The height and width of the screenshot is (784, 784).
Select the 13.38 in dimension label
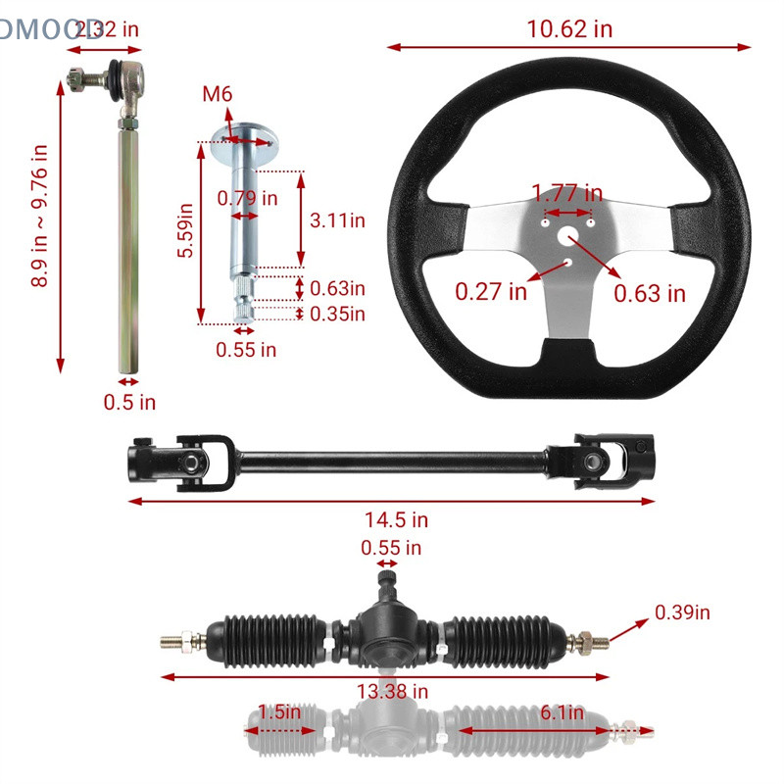click(392, 692)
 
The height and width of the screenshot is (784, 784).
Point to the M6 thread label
click(218, 94)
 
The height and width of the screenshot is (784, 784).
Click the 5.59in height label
click(184, 231)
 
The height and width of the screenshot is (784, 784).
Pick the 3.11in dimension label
click(337, 220)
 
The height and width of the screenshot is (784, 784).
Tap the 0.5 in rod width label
click(129, 402)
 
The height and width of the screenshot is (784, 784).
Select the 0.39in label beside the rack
click(682, 612)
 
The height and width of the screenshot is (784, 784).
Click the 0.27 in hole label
click(491, 291)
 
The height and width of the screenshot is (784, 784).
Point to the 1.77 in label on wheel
click(566, 192)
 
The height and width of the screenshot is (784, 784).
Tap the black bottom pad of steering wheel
click(568, 355)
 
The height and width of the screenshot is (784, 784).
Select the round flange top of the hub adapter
click(241, 137)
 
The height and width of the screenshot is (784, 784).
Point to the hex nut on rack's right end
click(591, 641)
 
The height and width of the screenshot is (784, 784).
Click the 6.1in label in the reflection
click(562, 712)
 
